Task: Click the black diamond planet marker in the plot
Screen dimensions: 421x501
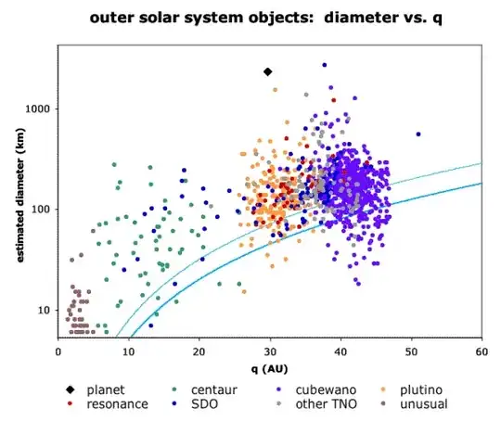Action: tap(268, 71)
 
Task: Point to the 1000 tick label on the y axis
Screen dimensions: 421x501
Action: tap(42, 109)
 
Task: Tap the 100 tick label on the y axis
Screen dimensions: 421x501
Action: tap(45, 210)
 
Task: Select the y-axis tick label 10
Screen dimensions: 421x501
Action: tap(47, 310)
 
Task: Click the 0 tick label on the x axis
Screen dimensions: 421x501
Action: tap(58, 352)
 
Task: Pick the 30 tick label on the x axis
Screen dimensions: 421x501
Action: tap(270, 352)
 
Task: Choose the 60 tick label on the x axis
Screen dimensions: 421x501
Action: tap(482, 352)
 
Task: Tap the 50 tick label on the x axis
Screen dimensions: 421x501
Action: tap(411, 352)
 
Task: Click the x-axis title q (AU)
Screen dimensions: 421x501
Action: tap(270, 367)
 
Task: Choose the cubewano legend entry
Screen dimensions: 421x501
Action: tap(326, 389)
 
